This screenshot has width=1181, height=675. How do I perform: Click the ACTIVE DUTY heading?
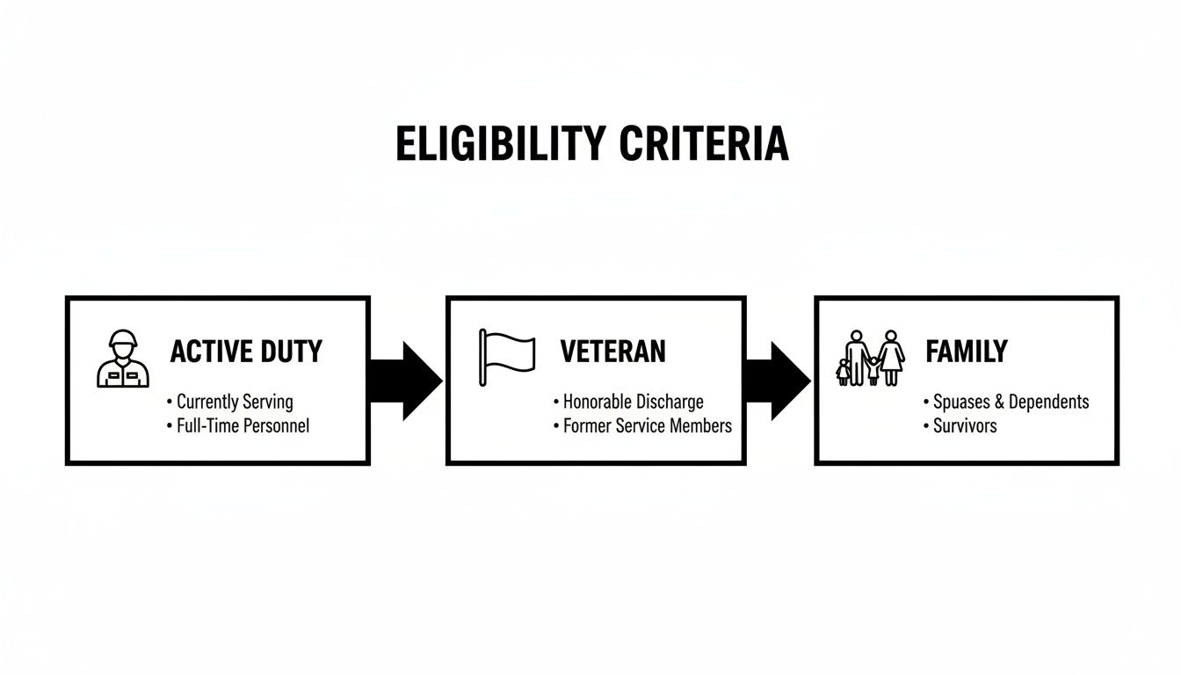pos(246,352)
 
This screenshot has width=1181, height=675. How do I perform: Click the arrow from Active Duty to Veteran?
pos(407,381)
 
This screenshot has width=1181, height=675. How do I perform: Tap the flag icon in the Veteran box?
pos(507,356)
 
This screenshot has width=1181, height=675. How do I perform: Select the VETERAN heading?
pos(612,352)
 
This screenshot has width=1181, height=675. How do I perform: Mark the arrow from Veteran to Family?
pos(778,381)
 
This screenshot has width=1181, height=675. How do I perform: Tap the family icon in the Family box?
pos(870,359)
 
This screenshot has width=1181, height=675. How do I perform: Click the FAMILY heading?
pos(966,352)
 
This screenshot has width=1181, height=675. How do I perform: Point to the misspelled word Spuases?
pos(961,402)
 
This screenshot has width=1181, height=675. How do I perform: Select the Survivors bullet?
pos(964,425)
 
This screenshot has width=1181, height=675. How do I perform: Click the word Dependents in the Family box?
pos(1048,402)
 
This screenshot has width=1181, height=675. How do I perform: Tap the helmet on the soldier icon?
pos(123,338)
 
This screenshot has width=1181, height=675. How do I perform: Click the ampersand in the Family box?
pos(999,402)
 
